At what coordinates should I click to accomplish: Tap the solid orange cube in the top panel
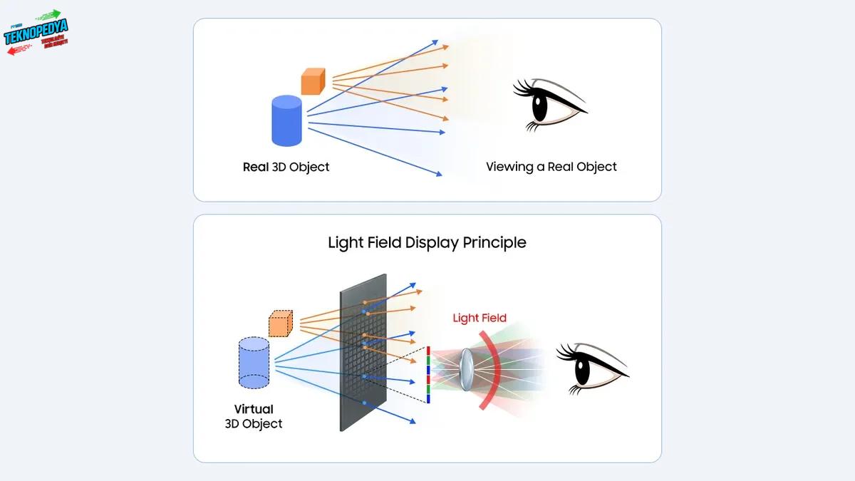(x=313, y=81)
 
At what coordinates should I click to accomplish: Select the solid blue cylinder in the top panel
(x=287, y=122)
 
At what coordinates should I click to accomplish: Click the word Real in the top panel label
(x=256, y=167)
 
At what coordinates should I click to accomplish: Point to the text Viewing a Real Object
(x=551, y=167)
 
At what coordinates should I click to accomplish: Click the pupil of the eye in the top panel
(x=539, y=107)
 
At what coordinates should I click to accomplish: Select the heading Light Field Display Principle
(x=427, y=242)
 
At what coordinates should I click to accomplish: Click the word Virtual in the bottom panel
(x=254, y=410)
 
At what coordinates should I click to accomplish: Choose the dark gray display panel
(x=363, y=352)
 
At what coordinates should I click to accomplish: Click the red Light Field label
(x=480, y=318)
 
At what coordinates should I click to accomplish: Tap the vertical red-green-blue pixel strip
(x=427, y=375)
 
